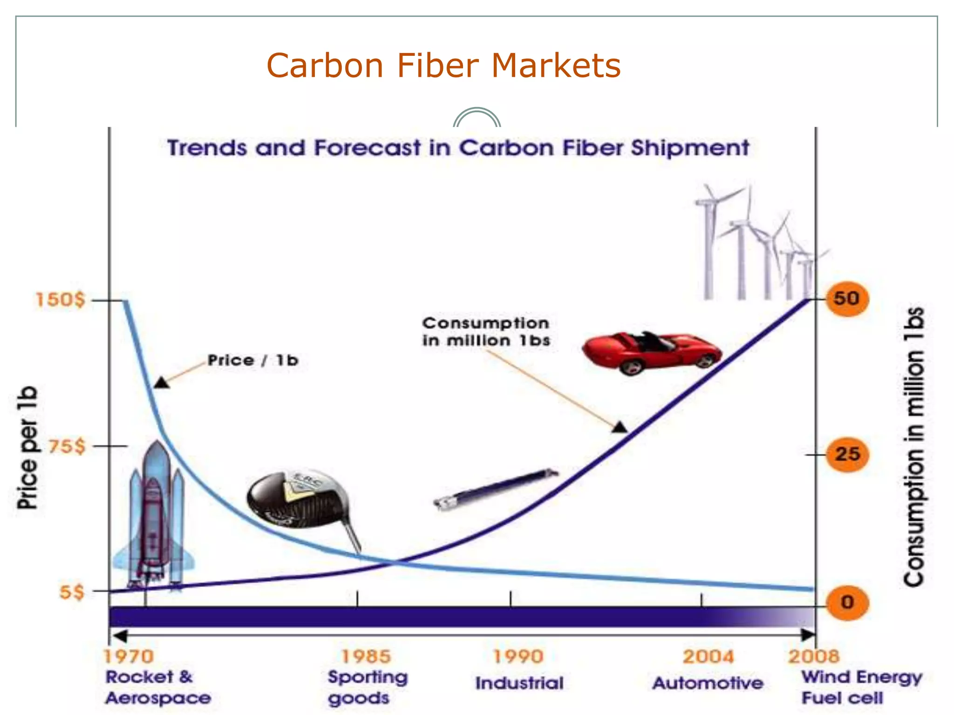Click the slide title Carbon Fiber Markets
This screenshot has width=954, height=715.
coord(443,66)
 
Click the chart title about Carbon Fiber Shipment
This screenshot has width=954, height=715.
coord(458,148)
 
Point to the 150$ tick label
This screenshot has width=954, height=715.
coord(61,300)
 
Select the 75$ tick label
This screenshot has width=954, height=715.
coord(67,446)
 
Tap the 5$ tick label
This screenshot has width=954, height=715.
coord(72,592)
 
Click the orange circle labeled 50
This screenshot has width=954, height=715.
coord(847,299)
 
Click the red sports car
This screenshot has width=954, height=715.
coord(651,352)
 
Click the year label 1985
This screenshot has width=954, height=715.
coord(366,657)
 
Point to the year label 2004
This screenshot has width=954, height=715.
coord(708,657)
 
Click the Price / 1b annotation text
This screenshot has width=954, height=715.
coord(252,360)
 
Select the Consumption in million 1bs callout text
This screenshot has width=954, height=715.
coord(486,332)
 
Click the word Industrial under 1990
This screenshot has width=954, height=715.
coord(519,683)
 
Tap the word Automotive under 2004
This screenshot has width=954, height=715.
coord(708,683)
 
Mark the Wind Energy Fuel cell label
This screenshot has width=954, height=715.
coord(861,687)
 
